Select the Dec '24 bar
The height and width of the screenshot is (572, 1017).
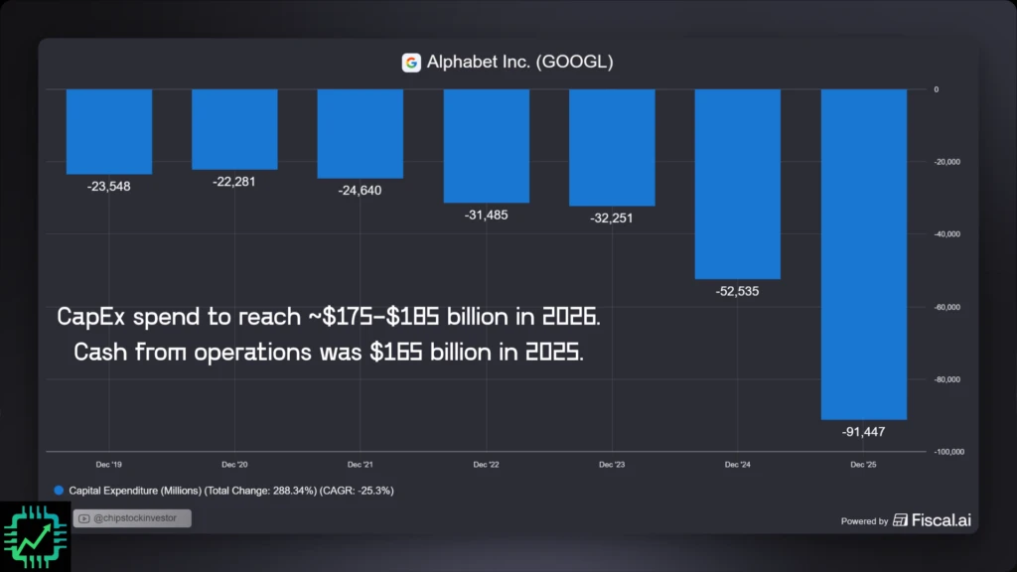(737, 184)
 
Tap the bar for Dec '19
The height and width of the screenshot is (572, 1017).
(109, 131)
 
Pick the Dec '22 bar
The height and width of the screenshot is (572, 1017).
(487, 146)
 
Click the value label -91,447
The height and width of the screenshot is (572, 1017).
(863, 432)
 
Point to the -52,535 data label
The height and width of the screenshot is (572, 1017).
(737, 292)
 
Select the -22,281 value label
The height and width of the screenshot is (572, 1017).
(234, 182)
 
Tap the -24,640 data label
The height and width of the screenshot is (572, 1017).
(360, 191)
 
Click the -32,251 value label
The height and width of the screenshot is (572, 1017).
(612, 218)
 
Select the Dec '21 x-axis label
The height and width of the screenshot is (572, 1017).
(361, 465)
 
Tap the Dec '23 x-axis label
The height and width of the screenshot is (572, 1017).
(612, 465)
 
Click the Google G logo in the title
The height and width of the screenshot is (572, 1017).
(411, 63)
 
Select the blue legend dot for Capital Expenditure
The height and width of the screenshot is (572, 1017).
(59, 491)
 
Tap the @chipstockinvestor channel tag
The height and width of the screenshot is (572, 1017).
(132, 517)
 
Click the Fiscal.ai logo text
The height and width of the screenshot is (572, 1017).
(940, 519)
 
